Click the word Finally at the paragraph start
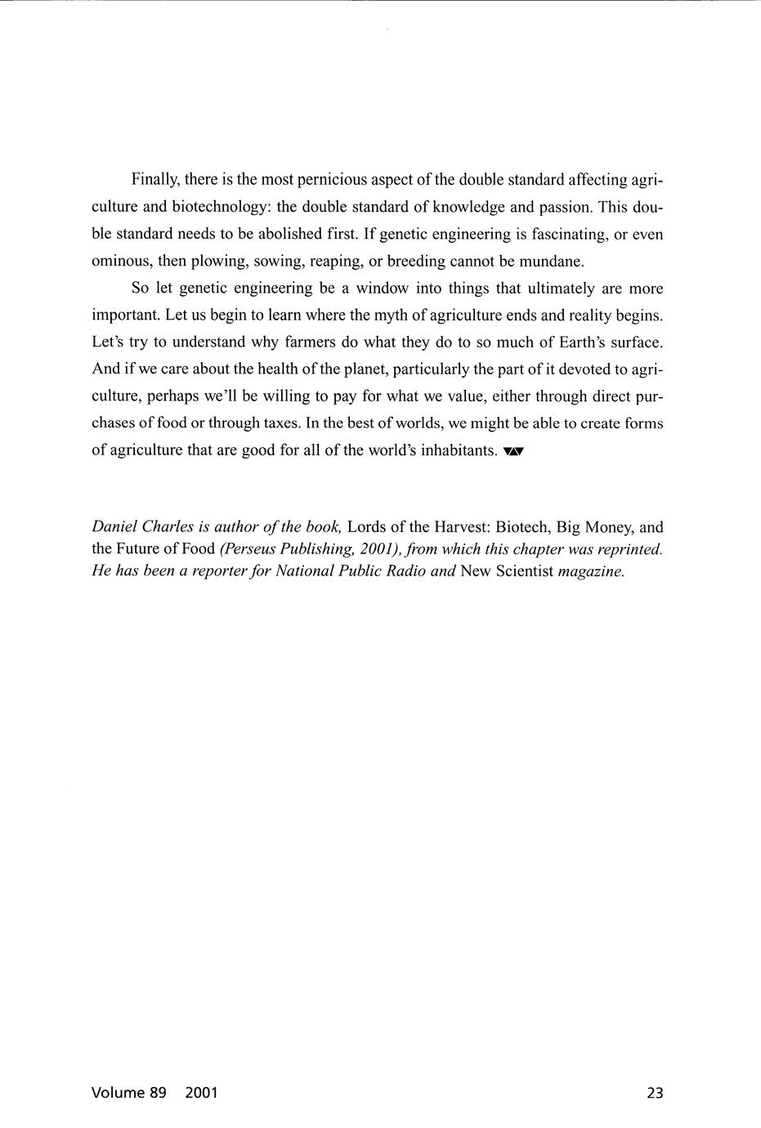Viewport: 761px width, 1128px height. [155, 180]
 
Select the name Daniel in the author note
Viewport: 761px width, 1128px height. [114, 527]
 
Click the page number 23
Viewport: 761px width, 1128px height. [655, 1093]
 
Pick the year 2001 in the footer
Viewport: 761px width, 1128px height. [201, 1093]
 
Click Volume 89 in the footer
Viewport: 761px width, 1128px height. [129, 1093]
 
